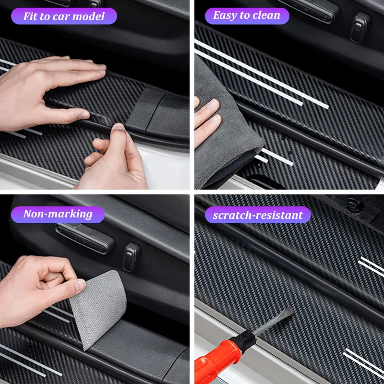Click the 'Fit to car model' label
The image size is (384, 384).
(x=64, y=16)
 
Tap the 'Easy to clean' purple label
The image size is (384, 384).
(x=247, y=15)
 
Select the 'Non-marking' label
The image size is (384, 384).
(x=58, y=214)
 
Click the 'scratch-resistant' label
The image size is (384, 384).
(x=258, y=215)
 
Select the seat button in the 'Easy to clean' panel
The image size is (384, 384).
(x=360, y=26)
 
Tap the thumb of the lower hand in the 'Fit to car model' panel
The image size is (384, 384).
(x=115, y=132)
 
